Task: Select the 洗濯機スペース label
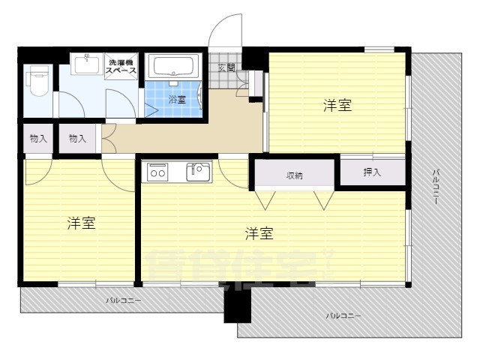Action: click(x=121, y=65)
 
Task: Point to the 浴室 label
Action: click(x=177, y=99)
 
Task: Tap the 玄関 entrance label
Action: click(x=226, y=68)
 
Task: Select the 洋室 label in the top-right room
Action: click(x=337, y=106)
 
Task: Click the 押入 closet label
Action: click(x=372, y=172)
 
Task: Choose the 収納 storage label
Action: click(x=294, y=175)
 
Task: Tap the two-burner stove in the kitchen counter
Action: click(x=158, y=172)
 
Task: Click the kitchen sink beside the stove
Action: click(x=199, y=172)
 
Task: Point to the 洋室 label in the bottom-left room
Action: click(x=80, y=223)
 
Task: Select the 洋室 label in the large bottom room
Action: click(x=259, y=234)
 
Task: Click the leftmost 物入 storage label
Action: click(x=38, y=138)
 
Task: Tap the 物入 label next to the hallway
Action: click(x=77, y=138)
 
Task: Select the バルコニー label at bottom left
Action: click(x=123, y=300)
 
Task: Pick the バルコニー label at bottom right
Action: click(x=343, y=316)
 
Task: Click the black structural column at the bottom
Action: click(x=237, y=304)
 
